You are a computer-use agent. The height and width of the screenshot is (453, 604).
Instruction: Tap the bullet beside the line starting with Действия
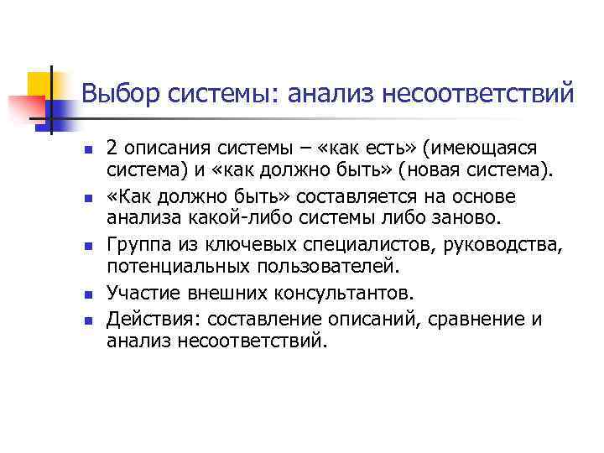tap(86, 320)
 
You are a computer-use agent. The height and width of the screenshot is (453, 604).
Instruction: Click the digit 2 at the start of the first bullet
tap(112, 148)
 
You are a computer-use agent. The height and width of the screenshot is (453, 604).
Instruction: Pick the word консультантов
tap(340, 294)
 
